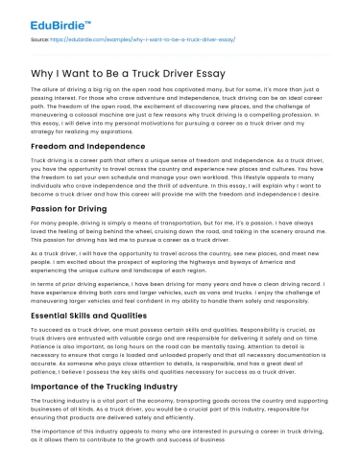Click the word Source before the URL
41,40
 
